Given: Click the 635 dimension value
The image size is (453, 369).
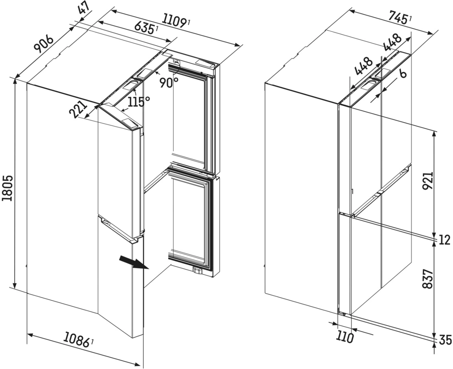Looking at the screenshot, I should click(144, 27).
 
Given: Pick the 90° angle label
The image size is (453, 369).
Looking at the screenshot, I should click(169, 82).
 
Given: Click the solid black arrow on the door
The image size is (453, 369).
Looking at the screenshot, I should click(133, 263).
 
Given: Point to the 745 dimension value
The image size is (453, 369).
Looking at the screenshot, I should click(398, 17).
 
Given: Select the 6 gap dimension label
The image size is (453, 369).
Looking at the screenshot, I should click(402, 74).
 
